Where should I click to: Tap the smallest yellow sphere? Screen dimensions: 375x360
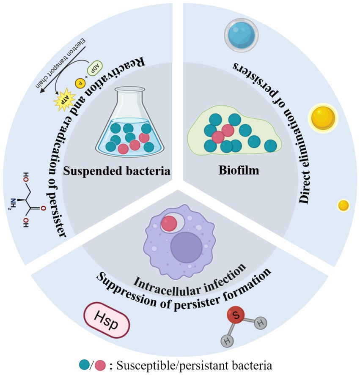pos(343,205)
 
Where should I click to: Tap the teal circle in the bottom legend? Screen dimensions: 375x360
pos(84,364)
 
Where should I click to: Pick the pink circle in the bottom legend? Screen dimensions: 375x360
pos(100,364)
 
